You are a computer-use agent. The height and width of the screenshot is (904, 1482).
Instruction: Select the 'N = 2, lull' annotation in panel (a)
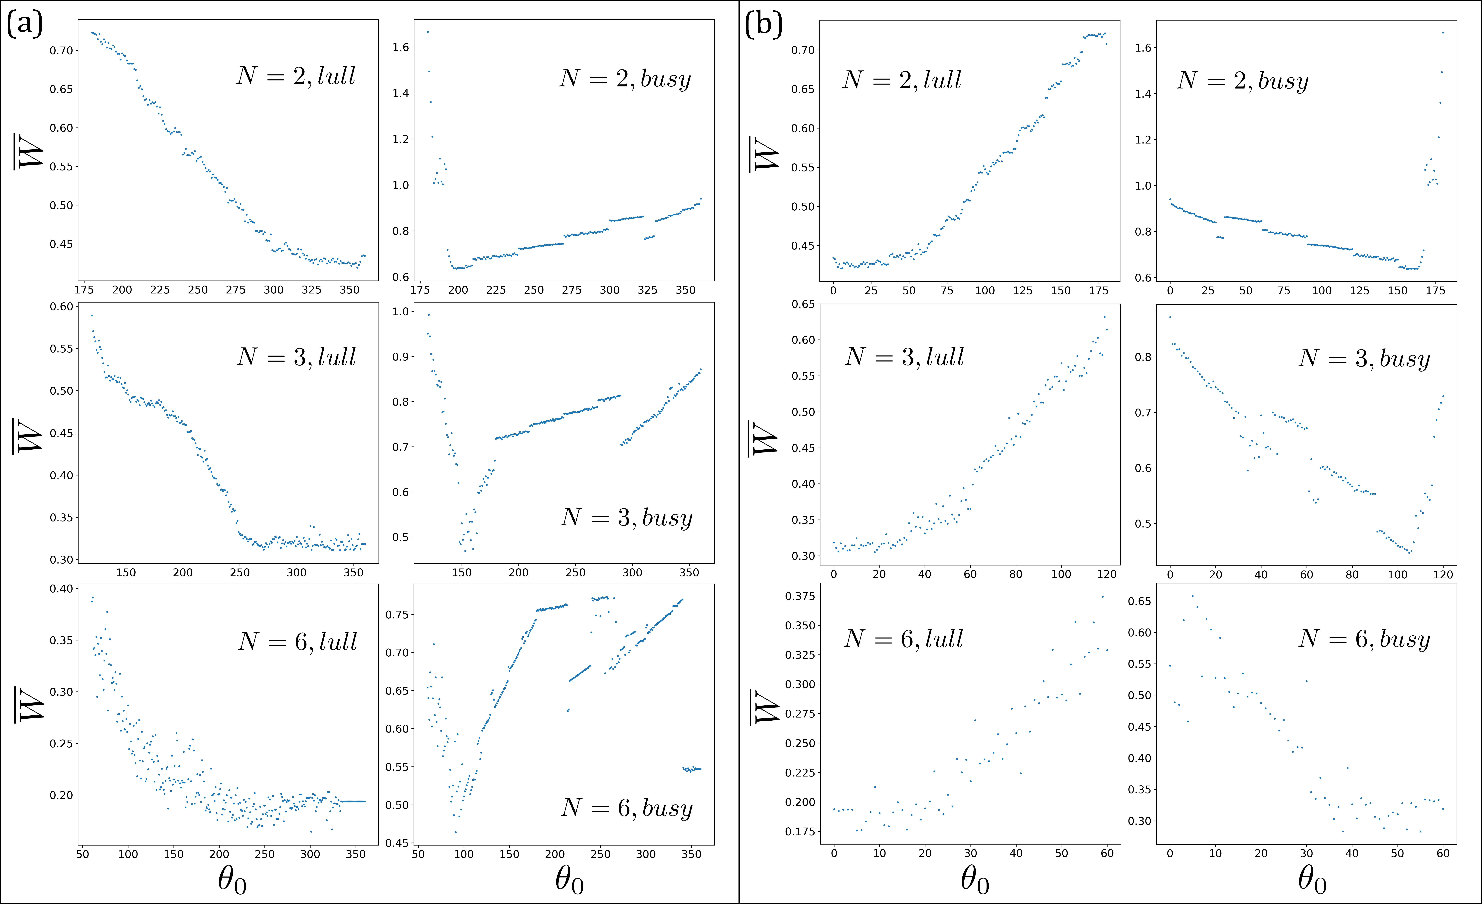pos(296,76)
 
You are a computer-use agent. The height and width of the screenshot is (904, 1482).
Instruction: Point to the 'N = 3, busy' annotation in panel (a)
pos(627,517)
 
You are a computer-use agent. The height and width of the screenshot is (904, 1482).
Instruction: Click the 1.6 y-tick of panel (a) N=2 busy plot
pos(401,47)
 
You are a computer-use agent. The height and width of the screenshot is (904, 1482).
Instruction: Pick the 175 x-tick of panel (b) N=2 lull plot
pos(1098,291)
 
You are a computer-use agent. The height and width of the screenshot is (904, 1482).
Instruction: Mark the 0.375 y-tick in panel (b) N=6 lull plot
pos(800,596)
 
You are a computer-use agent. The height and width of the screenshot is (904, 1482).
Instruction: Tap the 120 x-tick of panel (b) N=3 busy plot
pos(1443,574)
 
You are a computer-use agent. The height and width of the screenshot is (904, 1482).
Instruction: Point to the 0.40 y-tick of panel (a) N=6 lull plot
pos(61,589)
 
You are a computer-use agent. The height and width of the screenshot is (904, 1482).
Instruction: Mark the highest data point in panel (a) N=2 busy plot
pos(428,32)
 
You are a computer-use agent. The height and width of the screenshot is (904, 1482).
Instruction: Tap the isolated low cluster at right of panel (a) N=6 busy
pos(692,769)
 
